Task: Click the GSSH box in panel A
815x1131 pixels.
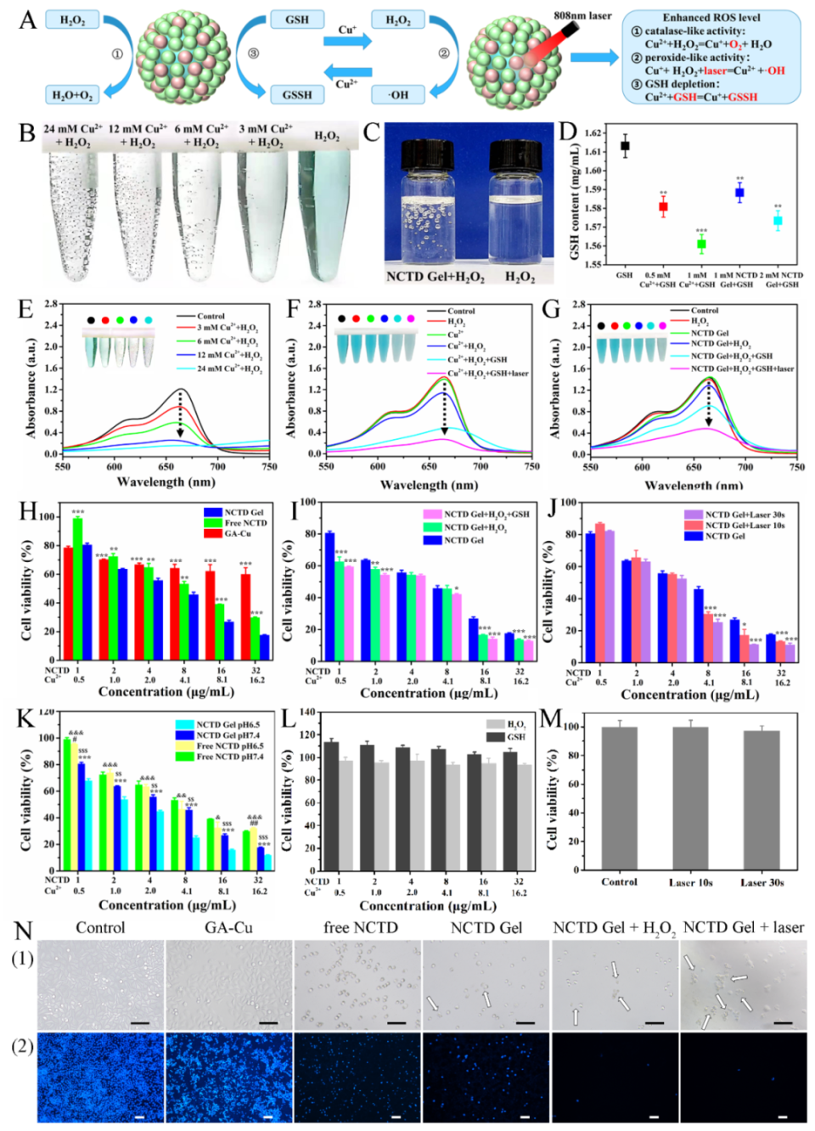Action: pyautogui.click(x=297, y=95)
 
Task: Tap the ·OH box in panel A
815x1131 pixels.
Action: pyautogui.click(x=398, y=95)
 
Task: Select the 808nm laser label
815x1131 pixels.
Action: pyautogui.click(x=582, y=15)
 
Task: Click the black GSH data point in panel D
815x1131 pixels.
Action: pyautogui.click(x=625, y=146)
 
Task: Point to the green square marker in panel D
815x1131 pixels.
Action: pyautogui.click(x=701, y=244)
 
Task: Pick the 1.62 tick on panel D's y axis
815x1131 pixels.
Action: pyautogui.click(x=593, y=133)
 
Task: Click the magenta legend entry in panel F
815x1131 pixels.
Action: pyautogui.click(x=487, y=373)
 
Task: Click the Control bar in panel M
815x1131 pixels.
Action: pyautogui.click(x=619, y=798)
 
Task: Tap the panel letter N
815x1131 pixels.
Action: pyautogui.click(x=23, y=931)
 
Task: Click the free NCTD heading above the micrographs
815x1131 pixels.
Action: pyautogui.click(x=360, y=928)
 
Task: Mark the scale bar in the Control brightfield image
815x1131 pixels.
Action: pyautogui.click(x=140, y=1023)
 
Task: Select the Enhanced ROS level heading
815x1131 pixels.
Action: pyautogui.click(x=711, y=17)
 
